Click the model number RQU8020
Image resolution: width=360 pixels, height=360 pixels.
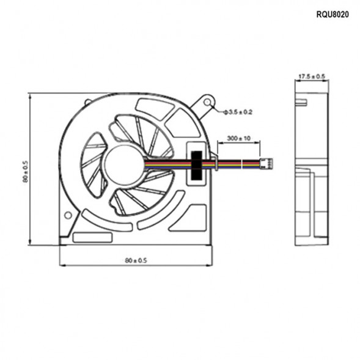pos(332,14)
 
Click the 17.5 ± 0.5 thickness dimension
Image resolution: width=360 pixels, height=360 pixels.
pos(312,76)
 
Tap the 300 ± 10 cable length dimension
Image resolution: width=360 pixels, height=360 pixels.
pos(238,139)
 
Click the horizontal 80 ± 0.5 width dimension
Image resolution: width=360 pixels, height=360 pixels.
pos(136,260)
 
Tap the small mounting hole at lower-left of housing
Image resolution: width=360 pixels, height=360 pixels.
pos(68,214)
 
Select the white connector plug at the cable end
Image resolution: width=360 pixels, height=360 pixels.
pos(266,164)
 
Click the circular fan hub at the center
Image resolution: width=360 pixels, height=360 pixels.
pos(123,163)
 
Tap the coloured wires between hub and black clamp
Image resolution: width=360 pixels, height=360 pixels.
pos(165,164)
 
